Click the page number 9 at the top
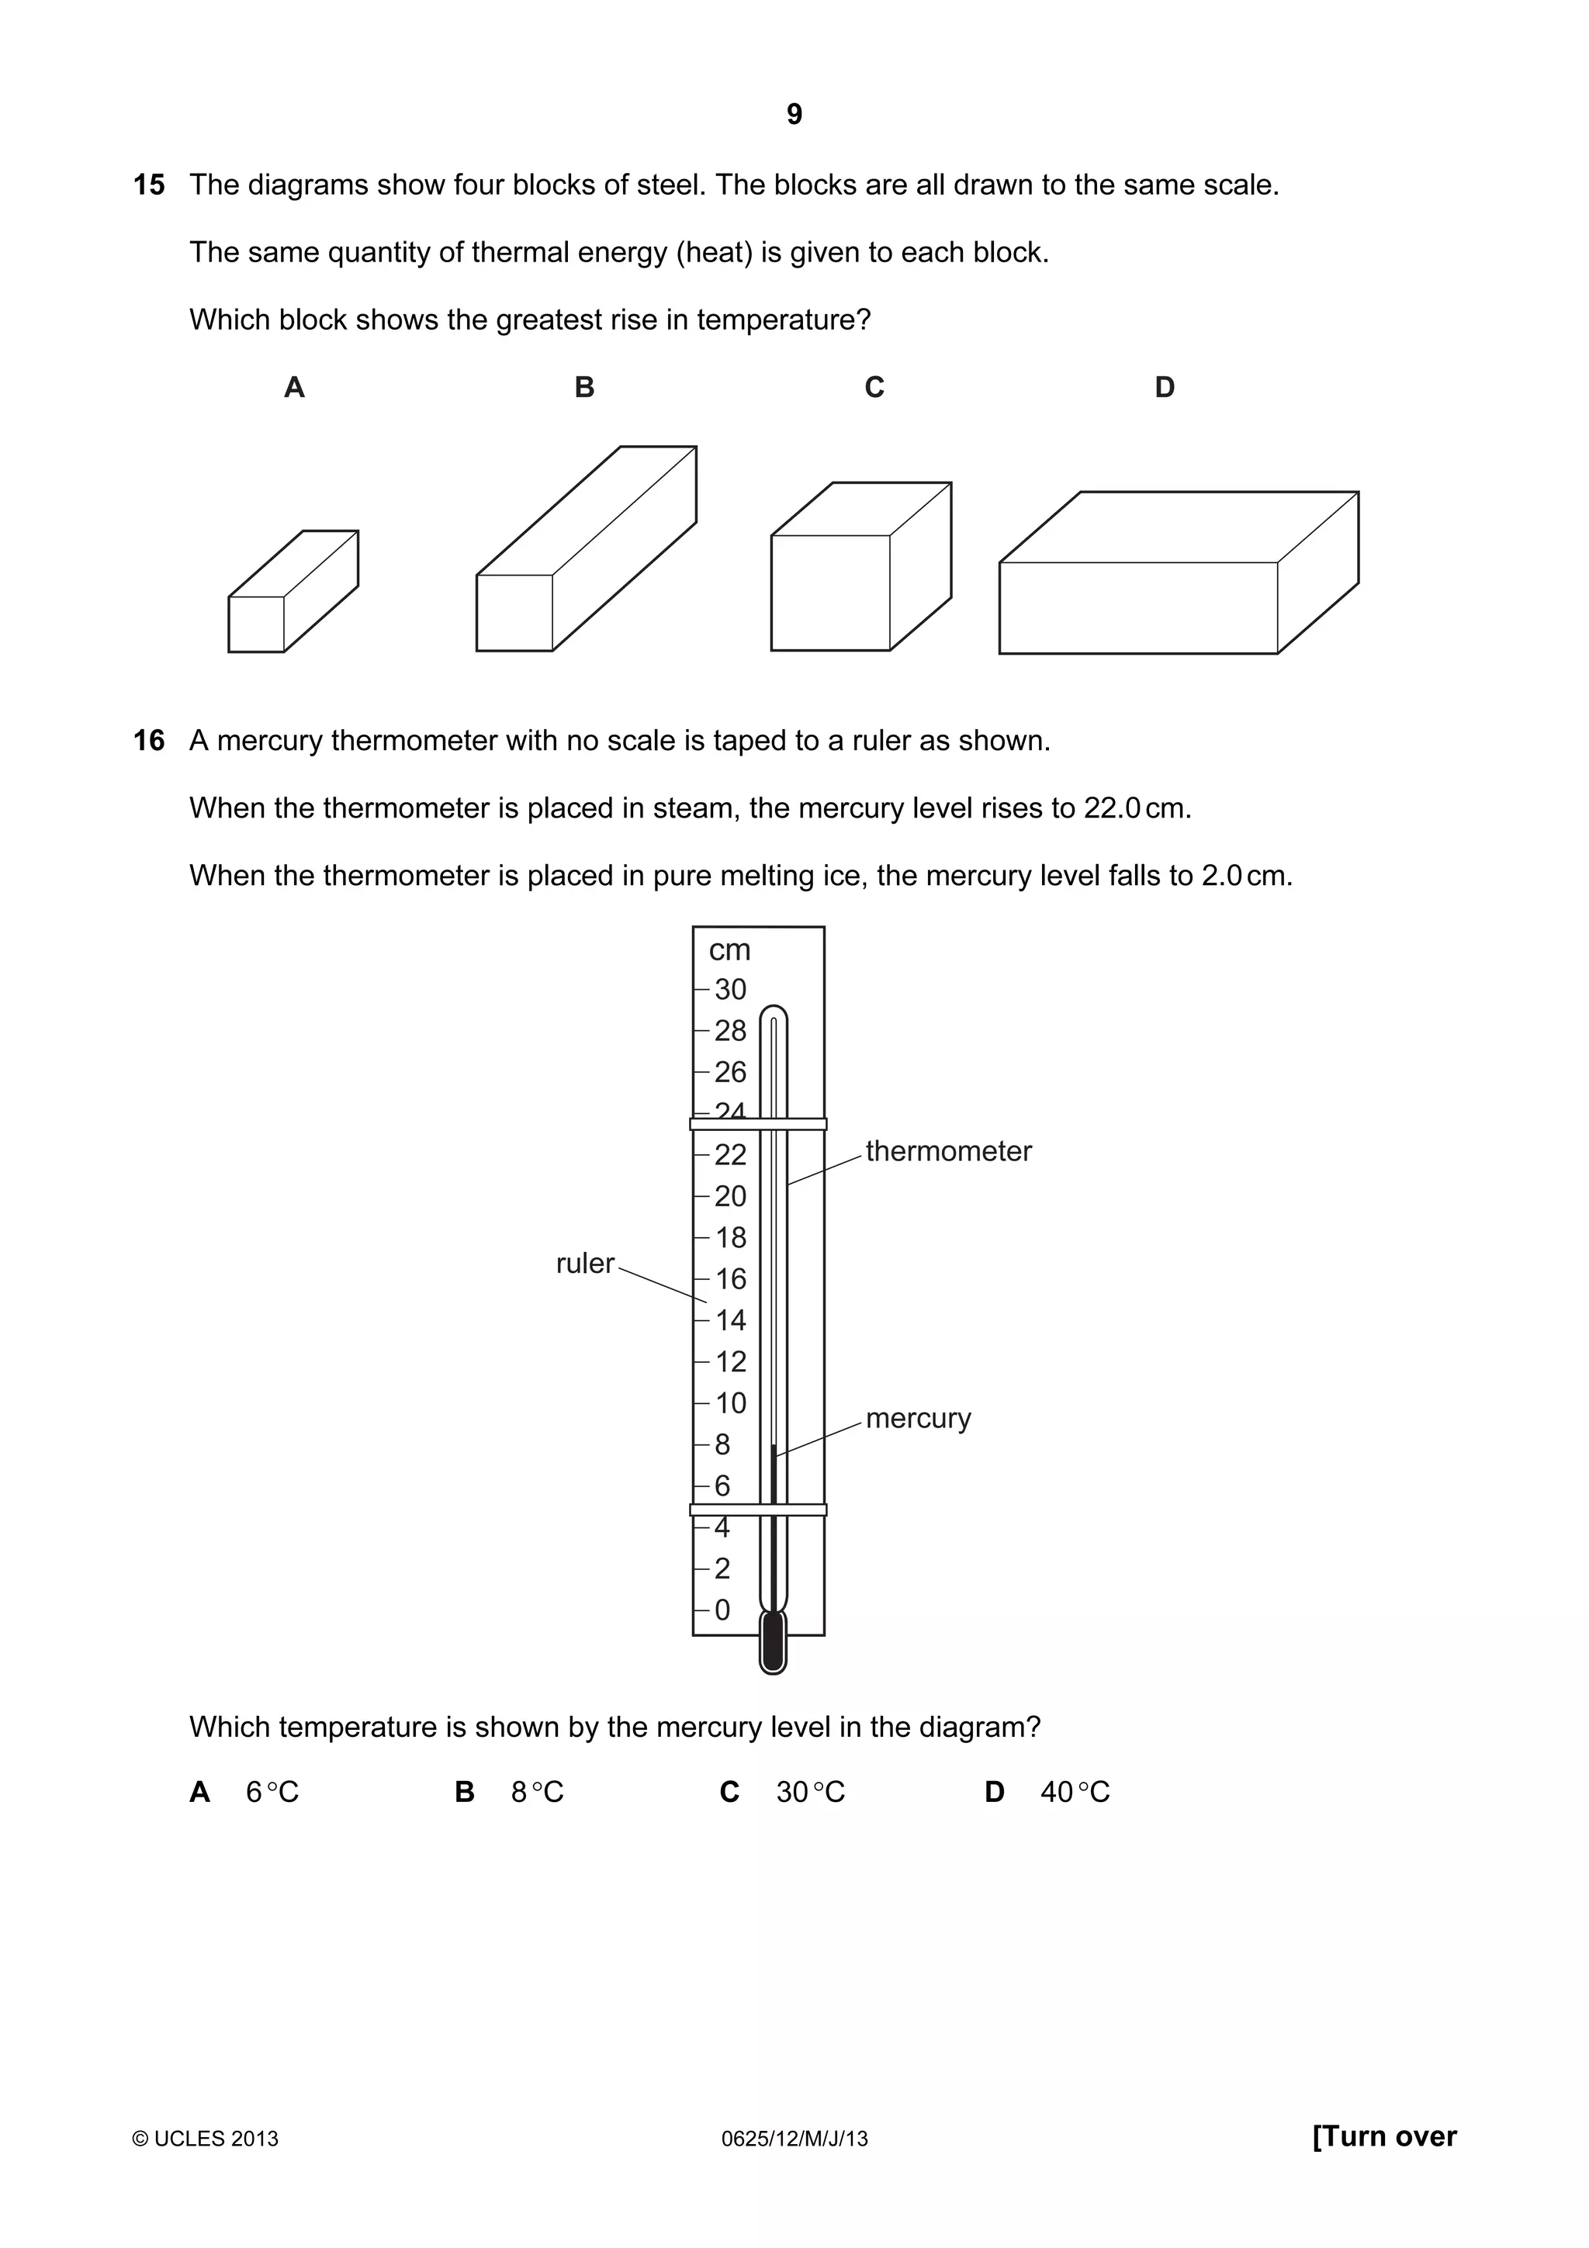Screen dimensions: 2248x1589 [794, 116]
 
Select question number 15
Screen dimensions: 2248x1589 [149, 185]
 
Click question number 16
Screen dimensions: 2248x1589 [149, 740]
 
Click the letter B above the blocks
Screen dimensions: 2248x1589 [584, 388]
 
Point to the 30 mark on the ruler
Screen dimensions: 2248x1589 [729, 989]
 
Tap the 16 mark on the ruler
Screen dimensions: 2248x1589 [729, 1278]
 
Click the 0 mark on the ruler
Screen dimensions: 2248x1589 [722, 1610]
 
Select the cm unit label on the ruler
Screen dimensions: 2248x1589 [729, 949]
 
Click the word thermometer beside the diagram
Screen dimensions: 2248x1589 [947, 1151]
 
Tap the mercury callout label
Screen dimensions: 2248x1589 [917, 1418]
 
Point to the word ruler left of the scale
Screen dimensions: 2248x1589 [584, 1264]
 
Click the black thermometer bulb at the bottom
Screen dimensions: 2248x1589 [774, 1642]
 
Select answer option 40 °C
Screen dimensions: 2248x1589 [1074, 1792]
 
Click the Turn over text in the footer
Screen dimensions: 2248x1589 [1383, 2136]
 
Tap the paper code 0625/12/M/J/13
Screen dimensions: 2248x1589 [794, 2139]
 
